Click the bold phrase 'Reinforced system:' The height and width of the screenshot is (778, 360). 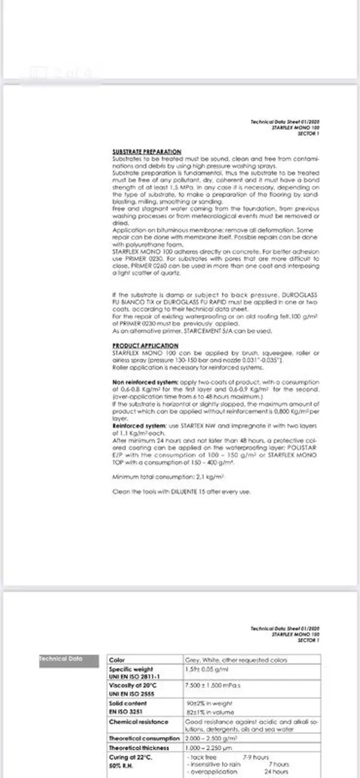(x=131, y=425)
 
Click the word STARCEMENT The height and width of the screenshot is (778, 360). (x=197, y=330)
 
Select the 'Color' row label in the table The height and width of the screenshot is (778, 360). (x=117, y=659)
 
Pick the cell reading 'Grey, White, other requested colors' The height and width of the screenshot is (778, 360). (x=230, y=659)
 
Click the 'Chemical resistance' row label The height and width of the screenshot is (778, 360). (x=138, y=721)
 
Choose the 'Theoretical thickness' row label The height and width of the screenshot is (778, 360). (x=138, y=748)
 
